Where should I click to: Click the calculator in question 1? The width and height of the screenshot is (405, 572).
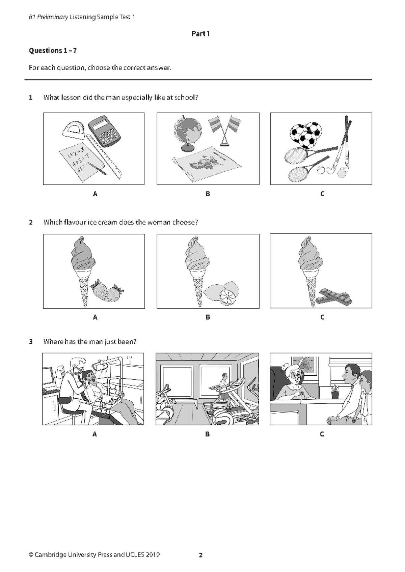point(104,131)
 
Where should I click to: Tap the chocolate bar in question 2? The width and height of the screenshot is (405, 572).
point(335,296)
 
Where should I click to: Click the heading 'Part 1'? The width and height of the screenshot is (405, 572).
point(200,34)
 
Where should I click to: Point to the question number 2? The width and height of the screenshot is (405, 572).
point(31,222)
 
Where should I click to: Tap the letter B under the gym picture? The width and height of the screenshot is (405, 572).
point(207,434)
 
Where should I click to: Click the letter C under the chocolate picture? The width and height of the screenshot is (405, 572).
point(322,317)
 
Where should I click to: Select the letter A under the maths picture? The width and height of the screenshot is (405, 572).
point(95,194)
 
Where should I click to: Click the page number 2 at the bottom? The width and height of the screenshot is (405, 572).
point(201,555)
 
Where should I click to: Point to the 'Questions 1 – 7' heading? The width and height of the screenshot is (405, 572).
point(53,51)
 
